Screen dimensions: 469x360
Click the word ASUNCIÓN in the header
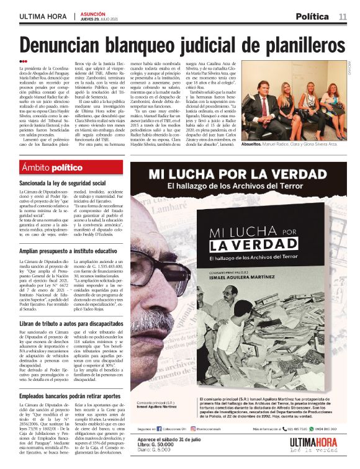tap(92, 13)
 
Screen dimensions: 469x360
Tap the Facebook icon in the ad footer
tap(159, 429)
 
